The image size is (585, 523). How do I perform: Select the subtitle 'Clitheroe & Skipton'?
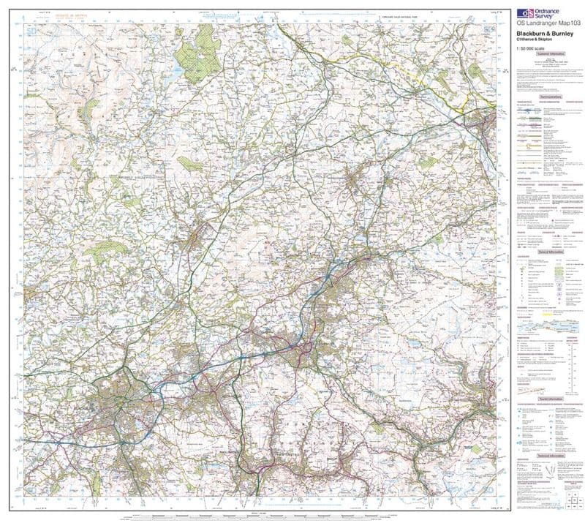pyautogui.click(x=537, y=40)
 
